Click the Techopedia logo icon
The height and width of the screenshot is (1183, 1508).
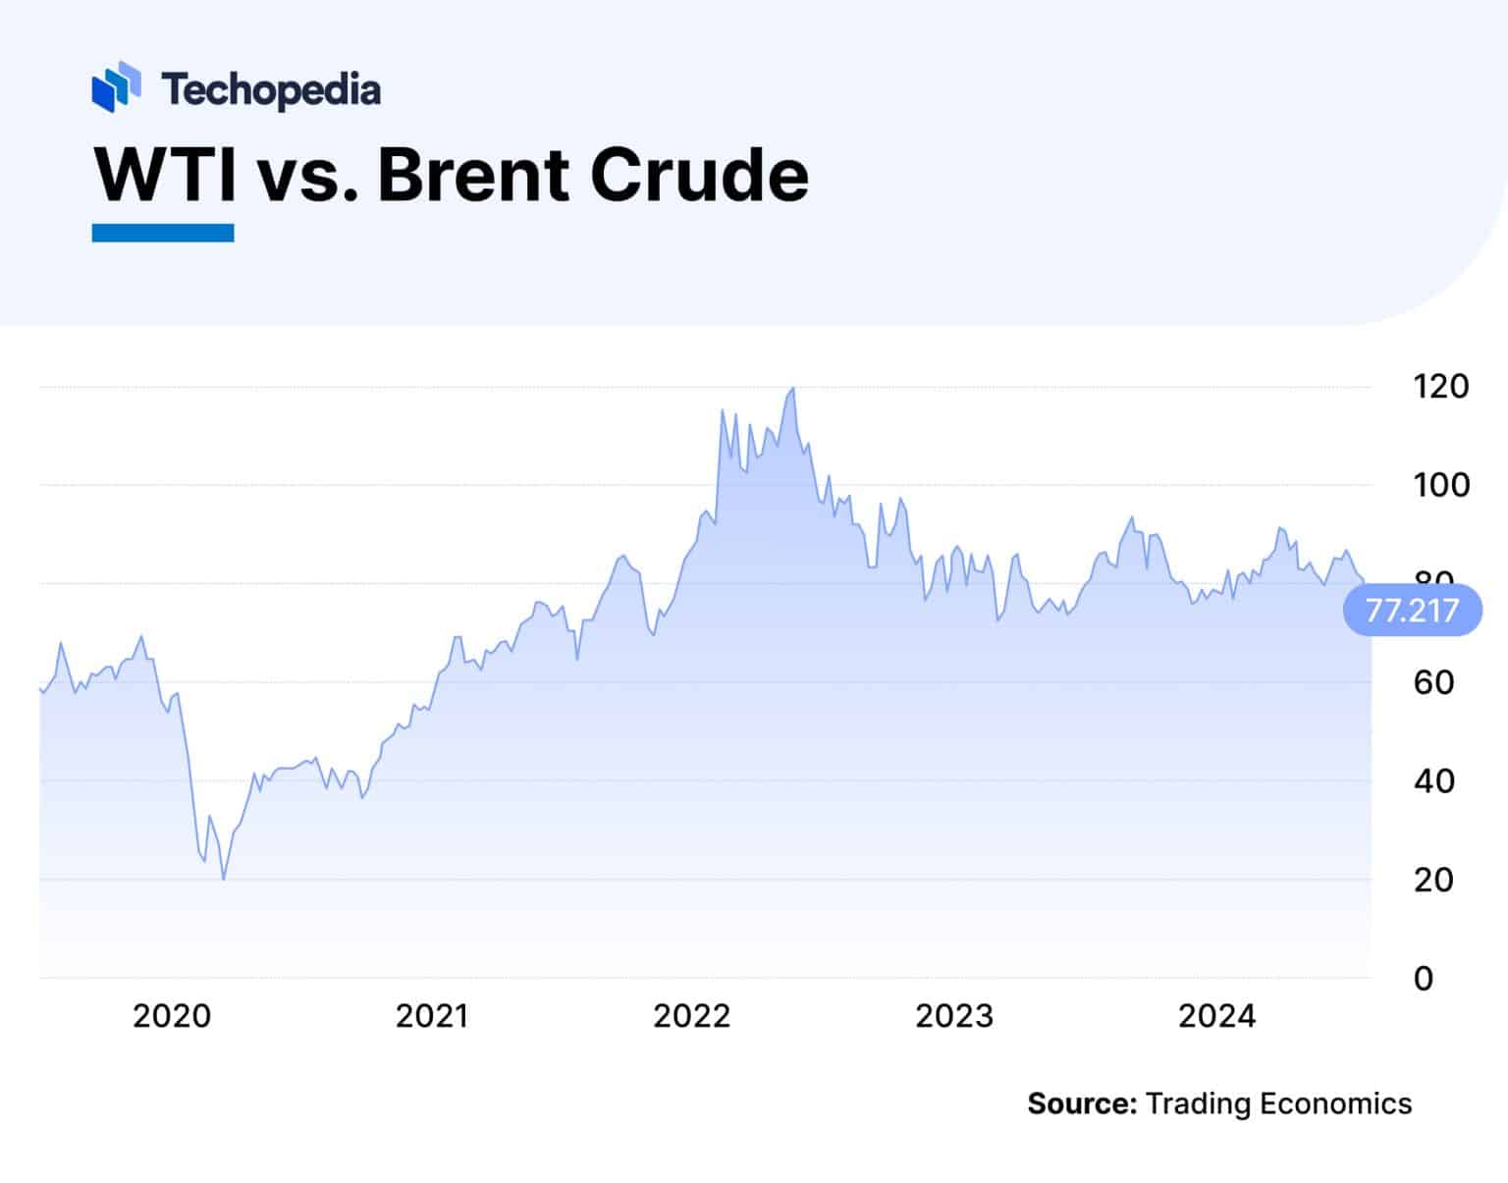click(116, 86)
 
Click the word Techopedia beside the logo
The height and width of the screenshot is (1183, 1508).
click(271, 90)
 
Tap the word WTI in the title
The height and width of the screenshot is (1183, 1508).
click(165, 175)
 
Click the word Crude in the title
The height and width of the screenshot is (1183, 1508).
click(699, 175)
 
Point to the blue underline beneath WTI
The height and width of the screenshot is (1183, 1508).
click(163, 233)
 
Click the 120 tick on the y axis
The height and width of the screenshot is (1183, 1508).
click(1440, 387)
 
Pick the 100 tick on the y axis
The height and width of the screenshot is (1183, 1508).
click(1440, 485)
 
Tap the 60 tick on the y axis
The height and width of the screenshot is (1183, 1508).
click(1433, 682)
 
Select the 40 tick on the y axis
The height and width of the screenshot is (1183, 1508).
click(1433, 781)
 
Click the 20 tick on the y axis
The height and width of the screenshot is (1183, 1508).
click(1433, 880)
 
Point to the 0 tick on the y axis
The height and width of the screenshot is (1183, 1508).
click(1424, 979)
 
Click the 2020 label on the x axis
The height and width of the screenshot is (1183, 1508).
click(172, 1016)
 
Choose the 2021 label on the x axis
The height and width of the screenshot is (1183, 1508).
click(432, 1016)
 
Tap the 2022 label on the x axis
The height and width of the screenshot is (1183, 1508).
click(692, 1016)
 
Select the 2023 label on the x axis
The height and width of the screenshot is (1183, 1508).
click(954, 1016)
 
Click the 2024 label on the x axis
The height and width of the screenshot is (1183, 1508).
click(1216, 1016)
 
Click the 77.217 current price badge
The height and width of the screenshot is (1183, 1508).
click(1412, 611)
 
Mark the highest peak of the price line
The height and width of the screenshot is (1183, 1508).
click(792, 389)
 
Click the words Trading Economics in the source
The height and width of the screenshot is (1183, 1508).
click(1278, 1103)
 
